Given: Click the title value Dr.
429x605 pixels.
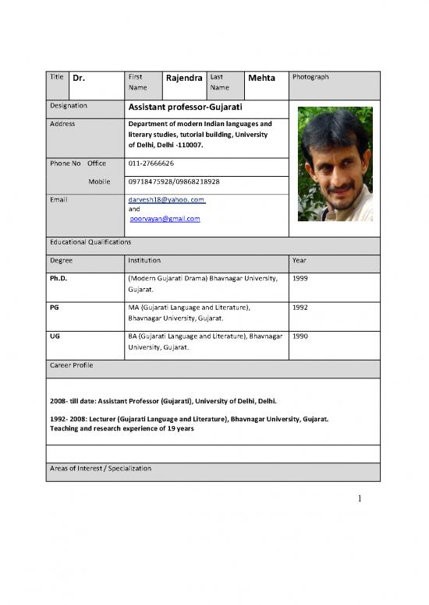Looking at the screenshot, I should pos(79,79).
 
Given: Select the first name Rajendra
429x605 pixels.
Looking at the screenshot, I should pos(185,78).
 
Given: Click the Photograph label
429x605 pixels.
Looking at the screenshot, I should pos(310,77).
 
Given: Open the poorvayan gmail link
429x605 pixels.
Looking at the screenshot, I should pos(165,219).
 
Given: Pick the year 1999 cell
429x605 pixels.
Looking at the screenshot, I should pos(300,277).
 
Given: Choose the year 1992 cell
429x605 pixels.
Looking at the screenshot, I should pos(300,308).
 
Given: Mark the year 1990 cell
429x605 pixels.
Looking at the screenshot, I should pos(300,336).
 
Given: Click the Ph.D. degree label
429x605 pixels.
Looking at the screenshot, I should pos(59,277).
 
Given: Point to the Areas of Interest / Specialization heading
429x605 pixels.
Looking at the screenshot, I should pos(100,468).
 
